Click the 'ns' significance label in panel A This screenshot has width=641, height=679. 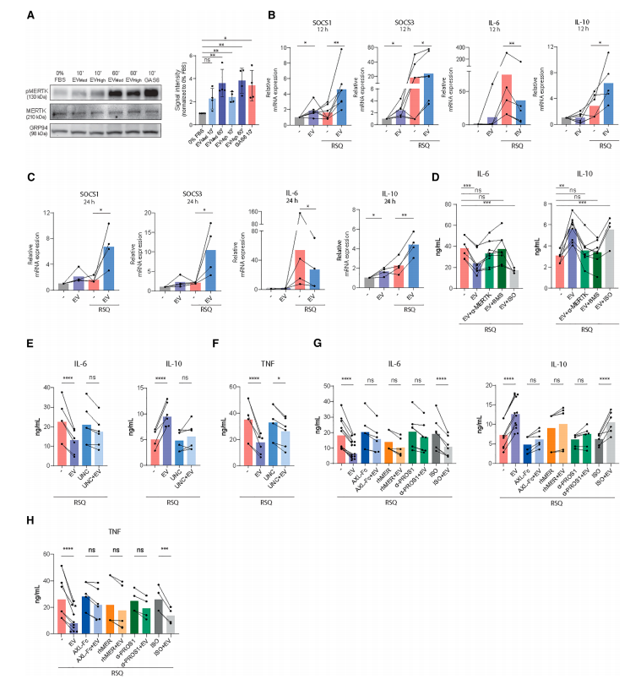(x=208, y=60)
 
